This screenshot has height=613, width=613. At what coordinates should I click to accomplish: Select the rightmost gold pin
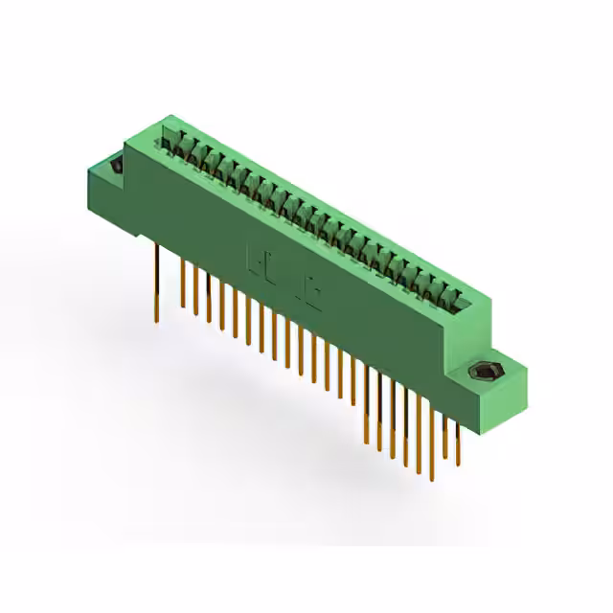click(x=457, y=441)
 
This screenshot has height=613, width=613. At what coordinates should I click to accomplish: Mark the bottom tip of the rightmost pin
click(x=458, y=458)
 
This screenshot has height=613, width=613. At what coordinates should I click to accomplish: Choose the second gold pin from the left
click(x=182, y=283)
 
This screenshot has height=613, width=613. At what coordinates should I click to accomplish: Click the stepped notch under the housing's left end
click(x=139, y=230)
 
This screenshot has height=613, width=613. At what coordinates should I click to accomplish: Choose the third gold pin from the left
click(x=195, y=292)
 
